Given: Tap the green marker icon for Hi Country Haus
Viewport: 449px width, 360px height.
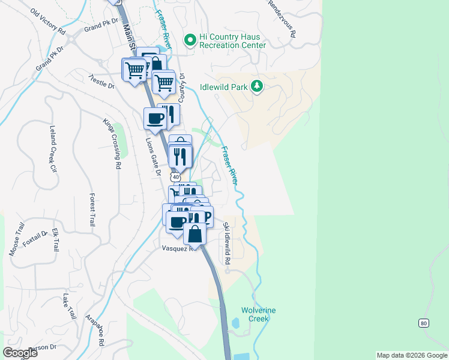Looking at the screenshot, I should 190,40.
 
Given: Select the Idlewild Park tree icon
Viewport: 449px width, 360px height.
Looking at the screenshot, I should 257,87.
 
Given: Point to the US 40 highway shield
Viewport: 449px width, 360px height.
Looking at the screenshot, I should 175,177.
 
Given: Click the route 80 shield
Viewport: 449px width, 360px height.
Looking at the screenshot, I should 424,323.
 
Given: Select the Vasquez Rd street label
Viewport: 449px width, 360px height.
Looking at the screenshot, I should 179,248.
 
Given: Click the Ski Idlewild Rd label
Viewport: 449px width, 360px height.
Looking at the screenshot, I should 227,244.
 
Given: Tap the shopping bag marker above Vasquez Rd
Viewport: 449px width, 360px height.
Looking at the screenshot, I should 194,233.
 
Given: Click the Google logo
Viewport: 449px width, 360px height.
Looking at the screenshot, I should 20,353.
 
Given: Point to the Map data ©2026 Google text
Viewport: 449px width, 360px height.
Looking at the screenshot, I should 411,355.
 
